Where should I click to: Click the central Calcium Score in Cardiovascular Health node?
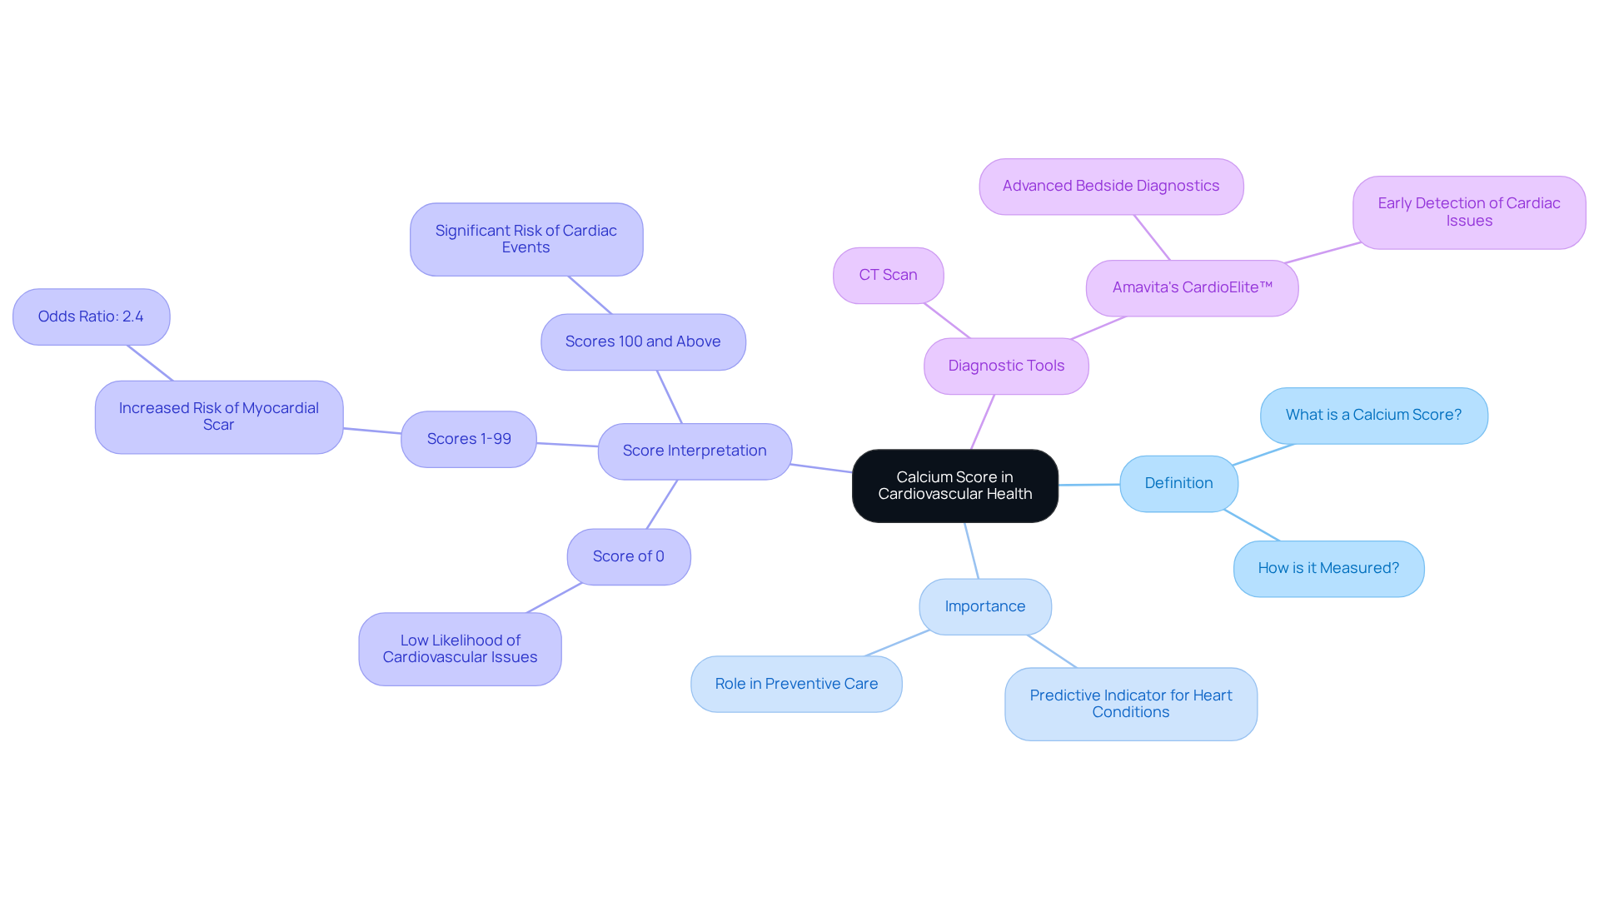point(954,486)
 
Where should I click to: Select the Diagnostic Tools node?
point(1006,366)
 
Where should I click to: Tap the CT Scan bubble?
point(888,275)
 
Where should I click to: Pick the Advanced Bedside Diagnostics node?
point(1111,187)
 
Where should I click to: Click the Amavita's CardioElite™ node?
point(1192,287)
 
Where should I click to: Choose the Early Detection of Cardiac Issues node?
point(1468,212)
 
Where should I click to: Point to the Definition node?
point(1178,483)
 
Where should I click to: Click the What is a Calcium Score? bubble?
point(1373,415)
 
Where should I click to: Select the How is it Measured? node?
point(1328,568)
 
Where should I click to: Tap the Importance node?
point(984,606)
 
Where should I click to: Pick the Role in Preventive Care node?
point(796,684)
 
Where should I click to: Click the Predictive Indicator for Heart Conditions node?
point(1130,704)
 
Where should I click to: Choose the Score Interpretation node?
point(695,451)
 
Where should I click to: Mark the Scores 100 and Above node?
point(643,341)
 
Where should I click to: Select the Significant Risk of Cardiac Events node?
point(526,239)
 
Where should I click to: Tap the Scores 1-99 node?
point(469,439)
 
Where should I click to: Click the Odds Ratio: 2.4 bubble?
point(91,316)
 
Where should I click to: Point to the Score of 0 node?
point(628,556)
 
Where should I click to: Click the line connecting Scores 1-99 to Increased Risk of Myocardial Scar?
point(372,431)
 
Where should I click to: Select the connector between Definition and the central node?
point(1088,485)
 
